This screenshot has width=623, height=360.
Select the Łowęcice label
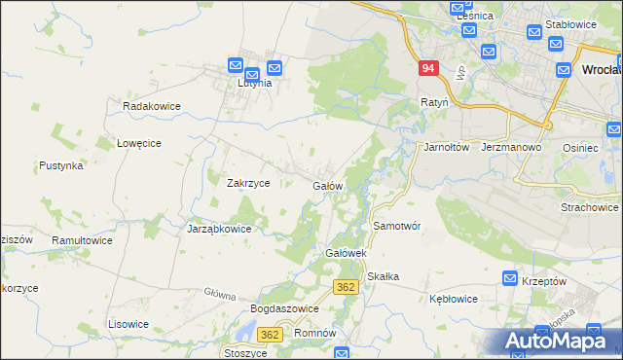pyautogui.click(x=138, y=143)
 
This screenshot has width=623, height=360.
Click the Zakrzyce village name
pyautogui.click(x=248, y=183)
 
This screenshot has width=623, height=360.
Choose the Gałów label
pyautogui.click(x=326, y=185)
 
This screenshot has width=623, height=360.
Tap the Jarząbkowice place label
pyautogui.click(x=219, y=230)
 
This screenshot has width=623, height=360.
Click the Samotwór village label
pyautogui.click(x=396, y=226)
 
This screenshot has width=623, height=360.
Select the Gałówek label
pyautogui.click(x=344, y=253)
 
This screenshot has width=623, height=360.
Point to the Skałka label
pyautogui.click(x=384, y=276)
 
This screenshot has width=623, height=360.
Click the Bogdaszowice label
pyautogui.click(x=285, y=308)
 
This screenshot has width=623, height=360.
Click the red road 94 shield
pyautogui.click(x=429, y=69)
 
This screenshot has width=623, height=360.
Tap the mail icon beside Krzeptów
pyautogui.click(x=510, y=279)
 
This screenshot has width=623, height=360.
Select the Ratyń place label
pyautogui.click(x=434, y=101)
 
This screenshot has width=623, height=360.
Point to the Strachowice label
pyautogui.click(x=590, y=207)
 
